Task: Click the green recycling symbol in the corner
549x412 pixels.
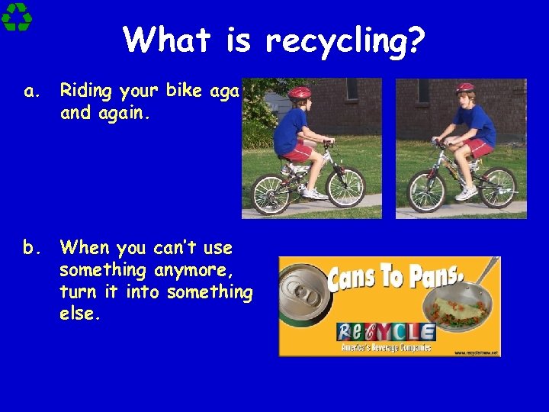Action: [17, 17]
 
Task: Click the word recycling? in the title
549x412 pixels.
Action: [345, 40]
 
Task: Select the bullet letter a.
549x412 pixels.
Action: [31, 92]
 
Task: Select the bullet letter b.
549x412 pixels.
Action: [32, 248]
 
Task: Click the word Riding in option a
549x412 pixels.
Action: [86, 92]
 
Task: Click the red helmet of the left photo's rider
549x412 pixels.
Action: [300, 93]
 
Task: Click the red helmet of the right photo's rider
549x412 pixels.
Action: [464, 88]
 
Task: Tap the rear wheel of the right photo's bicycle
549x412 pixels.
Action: [498, 187]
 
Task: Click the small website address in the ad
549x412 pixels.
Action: [477, 352]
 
